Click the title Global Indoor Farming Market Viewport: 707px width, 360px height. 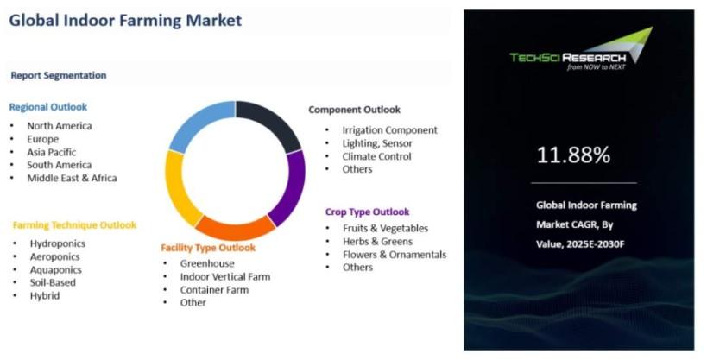pyautogui.click(x=125, y=21)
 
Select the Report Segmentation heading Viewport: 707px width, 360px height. pyautogui.click(x=59, y=75)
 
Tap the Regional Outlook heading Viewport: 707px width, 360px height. pyautogui.click(x=48, y=107)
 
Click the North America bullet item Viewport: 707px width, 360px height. pyautogui.click(x=59, y=126)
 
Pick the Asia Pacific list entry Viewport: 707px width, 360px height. pyautogui.click(x=52, y=152)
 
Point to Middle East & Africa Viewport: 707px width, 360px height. pyautogui.click(x=72, y=178)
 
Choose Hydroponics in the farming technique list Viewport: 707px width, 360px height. pyautogui.click(x=58, y=243)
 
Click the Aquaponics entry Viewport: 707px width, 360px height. pyautogui.click(x=56, y=269)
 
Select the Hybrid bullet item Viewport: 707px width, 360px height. pyautogui.click(x=45, y=296)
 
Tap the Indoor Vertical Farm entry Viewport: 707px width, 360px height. pyautogui.click(x=225, y=276)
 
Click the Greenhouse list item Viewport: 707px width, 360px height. pyautogui.click(x=207, y=263)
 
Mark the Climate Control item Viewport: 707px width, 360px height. pyautogui.click(x=376, y=156)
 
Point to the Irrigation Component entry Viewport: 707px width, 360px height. pyautogui.click(x=389, y=130)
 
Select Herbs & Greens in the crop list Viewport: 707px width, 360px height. pyautogui.click(x=377, y=242)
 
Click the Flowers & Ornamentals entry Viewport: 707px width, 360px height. pyautogui.click(x=395, y=255)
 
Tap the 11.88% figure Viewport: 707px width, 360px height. pyautogui.click(x=573, y=155)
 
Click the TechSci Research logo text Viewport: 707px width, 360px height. pyautogui.click(x=568, y=58)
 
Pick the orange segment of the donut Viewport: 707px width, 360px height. pyautogui.click(x=235, y=229)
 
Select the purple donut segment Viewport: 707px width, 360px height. pyautogui.click(x=289, y=187)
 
